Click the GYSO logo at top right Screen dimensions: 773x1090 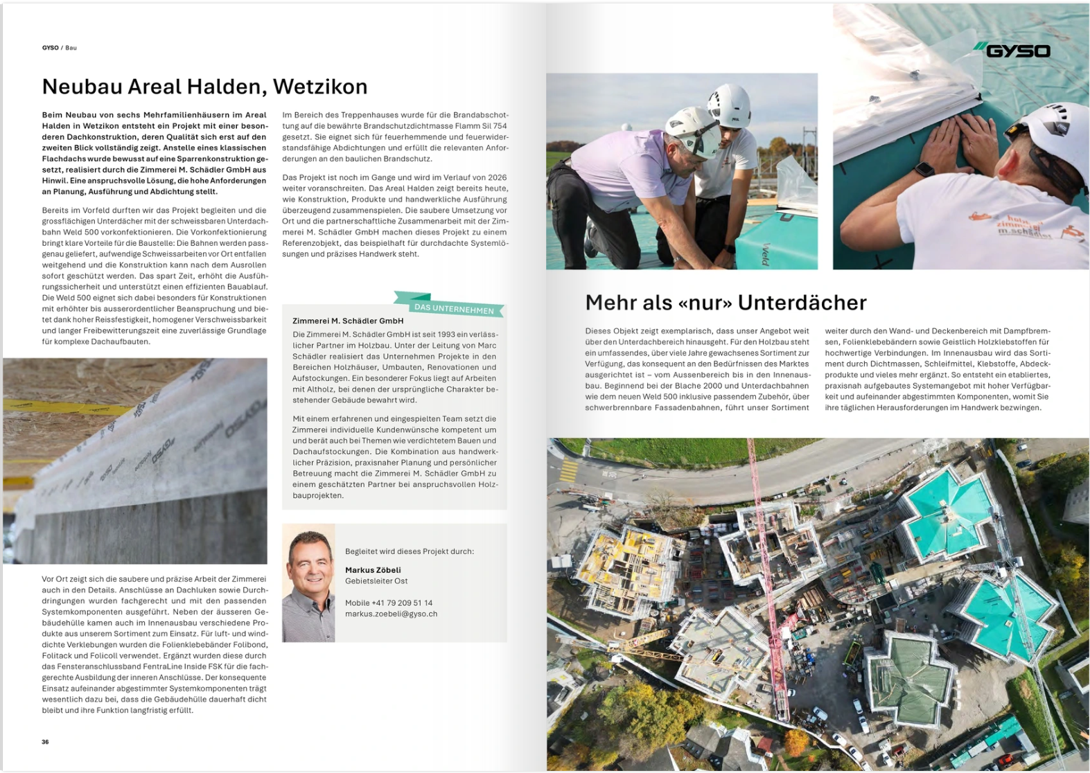(1012, 51)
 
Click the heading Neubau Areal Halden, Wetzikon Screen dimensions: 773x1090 (204, 87)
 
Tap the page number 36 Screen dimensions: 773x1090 (45, 742)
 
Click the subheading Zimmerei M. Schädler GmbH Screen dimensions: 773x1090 (348, 321)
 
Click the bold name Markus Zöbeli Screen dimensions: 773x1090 (373, 570)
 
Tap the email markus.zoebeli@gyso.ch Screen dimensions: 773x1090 (391, 614)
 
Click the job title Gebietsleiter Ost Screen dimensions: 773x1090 (376, 581)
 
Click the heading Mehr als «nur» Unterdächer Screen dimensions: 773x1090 (726, 303)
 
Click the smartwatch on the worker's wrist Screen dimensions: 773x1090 (923, 170)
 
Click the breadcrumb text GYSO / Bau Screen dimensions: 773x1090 (60, 48)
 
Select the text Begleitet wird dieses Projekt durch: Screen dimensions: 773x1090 (410, 551)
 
